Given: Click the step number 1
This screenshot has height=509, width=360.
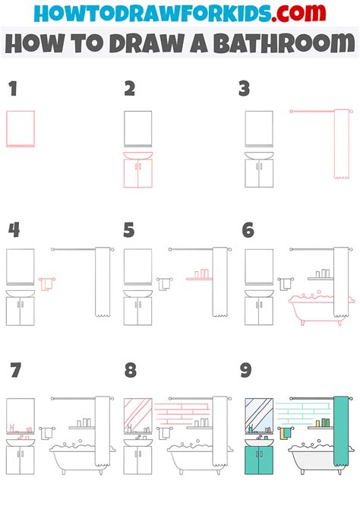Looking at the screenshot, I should point(12,90).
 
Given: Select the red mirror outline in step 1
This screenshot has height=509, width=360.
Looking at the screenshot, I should point(21,128).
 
